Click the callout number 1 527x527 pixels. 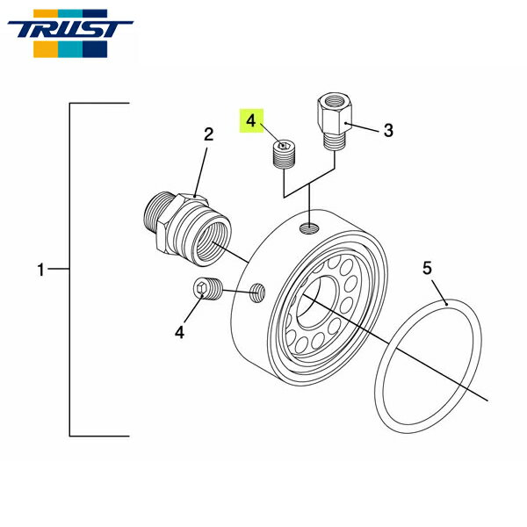[x=40, y=271]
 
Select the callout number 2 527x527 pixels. [x=209, y=134]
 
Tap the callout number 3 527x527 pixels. [x=387, y=130]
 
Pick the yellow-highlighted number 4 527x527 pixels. [x=251, y=119]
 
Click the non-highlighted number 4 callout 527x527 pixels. [x=179, y=332]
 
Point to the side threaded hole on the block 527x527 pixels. [x=256, y=292]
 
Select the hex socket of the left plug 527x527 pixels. [x=203, y=288]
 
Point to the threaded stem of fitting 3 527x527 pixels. [x=335, y=139]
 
